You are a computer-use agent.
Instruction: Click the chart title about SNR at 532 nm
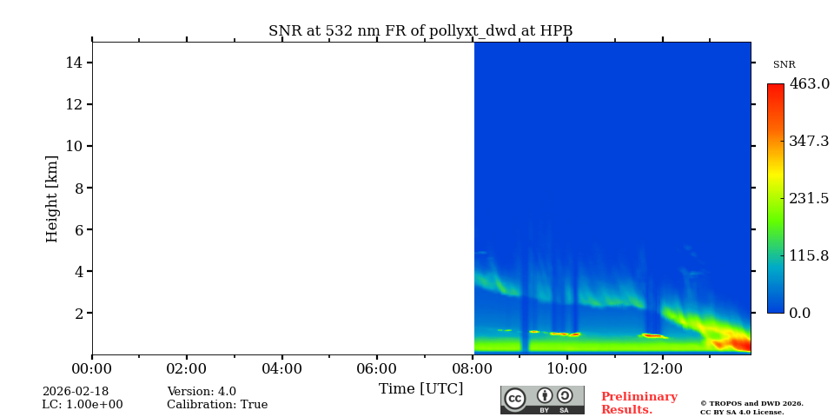(x=420, y=31)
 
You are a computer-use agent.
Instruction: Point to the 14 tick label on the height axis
(x=73, y=63)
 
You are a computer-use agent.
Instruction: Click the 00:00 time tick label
(x=91, y=369)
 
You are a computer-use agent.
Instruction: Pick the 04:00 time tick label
(x=281, y=369)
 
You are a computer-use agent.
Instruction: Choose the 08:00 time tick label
(x=473, y=369)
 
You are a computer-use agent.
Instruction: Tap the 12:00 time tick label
(x=663, y=369)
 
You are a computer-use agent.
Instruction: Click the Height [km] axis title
(x=52, y=198)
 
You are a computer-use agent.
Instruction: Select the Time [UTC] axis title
(x=420, y=389)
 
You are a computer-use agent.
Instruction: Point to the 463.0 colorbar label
(x=809, y=84)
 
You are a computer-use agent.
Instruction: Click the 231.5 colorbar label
(x=809, y=198)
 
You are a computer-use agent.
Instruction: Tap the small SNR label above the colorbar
(x=784, y=65)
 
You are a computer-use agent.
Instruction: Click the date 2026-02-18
(x=75, y=392)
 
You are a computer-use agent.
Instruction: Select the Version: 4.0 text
(x=202, y=392)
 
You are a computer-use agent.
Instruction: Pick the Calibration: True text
(x=217, y=405)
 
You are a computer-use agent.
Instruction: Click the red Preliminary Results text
(x=639, y=403)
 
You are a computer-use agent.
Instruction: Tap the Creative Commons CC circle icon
(x=515, y=399)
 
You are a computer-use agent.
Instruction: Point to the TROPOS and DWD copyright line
(x=751, y=403)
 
